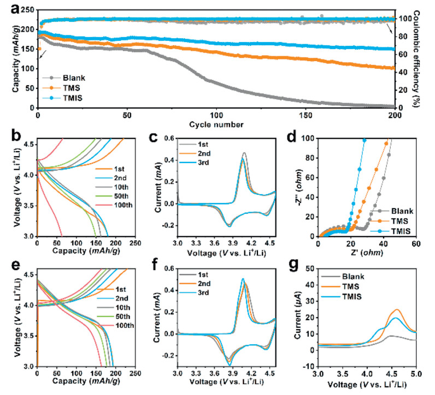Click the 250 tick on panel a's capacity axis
pos(26,9)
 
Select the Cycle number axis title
pos(216,125)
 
